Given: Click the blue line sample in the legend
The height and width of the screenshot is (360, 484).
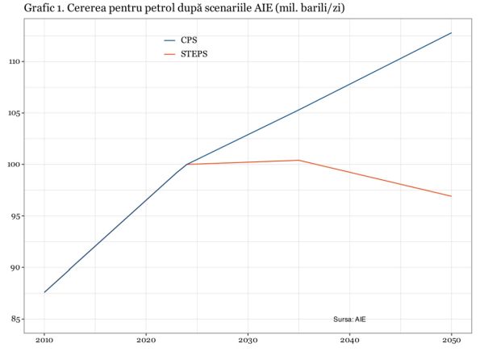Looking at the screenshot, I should coord(169,40).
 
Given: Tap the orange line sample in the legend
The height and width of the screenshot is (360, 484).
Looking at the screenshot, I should coord(169,54).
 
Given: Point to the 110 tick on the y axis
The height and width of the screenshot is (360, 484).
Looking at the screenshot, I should coord(13,61).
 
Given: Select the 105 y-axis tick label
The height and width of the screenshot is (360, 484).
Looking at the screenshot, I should coord(13,113).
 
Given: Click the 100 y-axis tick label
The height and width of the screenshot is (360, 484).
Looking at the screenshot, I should coord(13,165).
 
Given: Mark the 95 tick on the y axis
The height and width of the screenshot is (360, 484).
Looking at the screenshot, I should coord(15,216).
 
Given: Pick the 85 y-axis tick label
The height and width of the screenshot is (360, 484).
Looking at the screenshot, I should coord(15,320).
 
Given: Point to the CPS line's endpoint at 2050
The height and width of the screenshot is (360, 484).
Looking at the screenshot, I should coord(451,33).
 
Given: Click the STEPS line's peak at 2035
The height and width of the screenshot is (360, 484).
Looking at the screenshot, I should coord(298,160).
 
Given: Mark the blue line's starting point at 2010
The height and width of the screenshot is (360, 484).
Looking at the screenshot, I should coord(44,292).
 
